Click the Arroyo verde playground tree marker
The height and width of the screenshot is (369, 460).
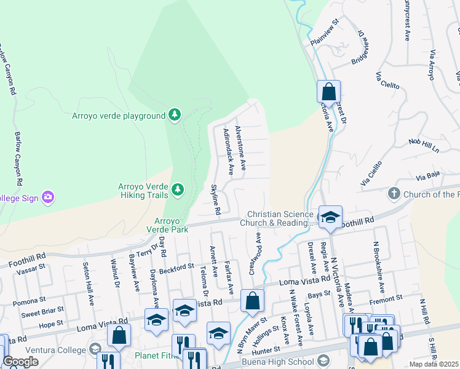click(x=175, y=115)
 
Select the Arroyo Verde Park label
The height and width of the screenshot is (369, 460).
click(x=162, y=225)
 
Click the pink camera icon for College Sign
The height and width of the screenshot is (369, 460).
click(x=48, y=197)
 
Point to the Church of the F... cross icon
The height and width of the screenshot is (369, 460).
click(x=394, y=194)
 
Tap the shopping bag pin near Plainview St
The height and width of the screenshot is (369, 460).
click(x=328, y=92)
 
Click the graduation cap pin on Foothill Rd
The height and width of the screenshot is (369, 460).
click(x=330, y=217)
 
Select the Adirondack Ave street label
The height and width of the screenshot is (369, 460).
click(x=228, y=152)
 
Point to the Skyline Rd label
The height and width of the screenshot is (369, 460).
click(x=216, y=199)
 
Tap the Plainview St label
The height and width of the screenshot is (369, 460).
click(x=325, y=33)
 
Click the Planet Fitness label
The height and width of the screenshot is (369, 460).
click(x=159, y=355)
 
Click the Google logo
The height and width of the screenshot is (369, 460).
click(x=20, y=362)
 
